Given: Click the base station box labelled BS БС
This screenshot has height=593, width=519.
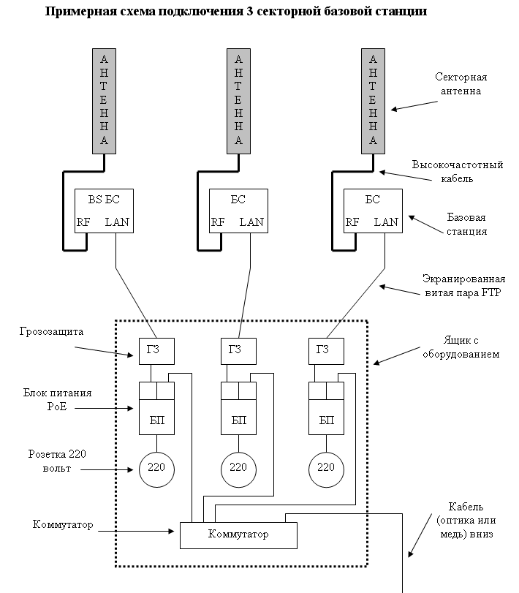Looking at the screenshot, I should (104, 211).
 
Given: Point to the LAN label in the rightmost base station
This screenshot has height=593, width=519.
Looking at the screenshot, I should (387, 222).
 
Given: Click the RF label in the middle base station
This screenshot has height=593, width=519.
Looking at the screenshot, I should (218, 222).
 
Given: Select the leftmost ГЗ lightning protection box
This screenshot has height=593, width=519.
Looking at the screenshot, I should (155, 351).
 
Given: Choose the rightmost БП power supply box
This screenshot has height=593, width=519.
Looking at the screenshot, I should (326, 420).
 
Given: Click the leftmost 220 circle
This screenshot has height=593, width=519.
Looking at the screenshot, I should (157, 467).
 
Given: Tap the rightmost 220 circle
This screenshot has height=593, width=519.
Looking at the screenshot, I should (327, 467).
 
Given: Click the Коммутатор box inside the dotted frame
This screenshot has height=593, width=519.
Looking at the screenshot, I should (238, 535).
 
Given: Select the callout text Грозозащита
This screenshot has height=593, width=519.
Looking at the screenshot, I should (52, 331).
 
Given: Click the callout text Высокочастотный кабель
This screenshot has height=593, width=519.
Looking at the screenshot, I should (457, 171).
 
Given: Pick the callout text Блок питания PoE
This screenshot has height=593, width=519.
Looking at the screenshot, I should (56, 400).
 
